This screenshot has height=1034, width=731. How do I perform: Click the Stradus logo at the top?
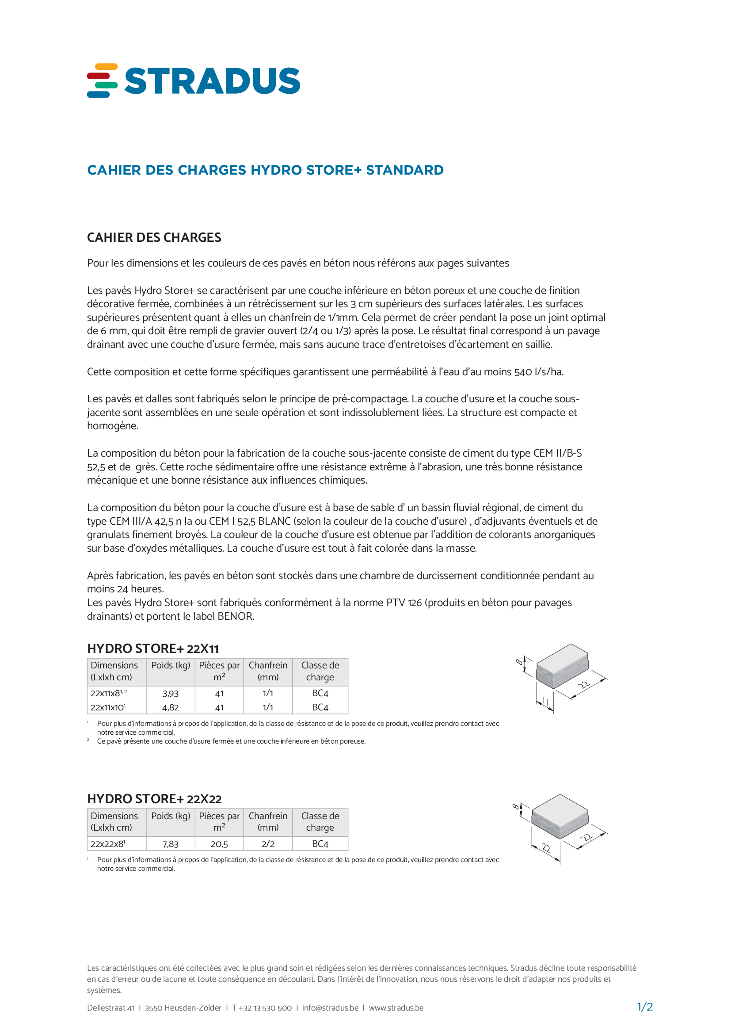coord(194,80)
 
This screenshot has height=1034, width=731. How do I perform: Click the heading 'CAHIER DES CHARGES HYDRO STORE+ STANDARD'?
coord(265,170)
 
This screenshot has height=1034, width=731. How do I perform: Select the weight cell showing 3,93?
coord(170,694)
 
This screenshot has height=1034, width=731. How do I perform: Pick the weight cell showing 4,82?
coord(170,707)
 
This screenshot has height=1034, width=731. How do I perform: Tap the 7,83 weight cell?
coord(170,844)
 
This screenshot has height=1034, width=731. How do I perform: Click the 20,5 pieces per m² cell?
coord(219,844)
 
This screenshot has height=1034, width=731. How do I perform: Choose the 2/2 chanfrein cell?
coord(268,844)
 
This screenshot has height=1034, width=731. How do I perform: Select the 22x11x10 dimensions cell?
coord(108,707)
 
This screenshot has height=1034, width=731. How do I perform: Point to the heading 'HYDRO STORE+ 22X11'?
coord(152,649)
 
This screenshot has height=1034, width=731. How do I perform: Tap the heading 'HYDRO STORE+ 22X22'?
coord(154,799)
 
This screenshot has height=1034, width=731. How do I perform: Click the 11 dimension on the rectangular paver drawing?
coord(544,702)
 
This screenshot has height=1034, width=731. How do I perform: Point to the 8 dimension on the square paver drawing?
coord(515,806)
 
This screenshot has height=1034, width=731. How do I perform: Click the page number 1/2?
coord(644,1007)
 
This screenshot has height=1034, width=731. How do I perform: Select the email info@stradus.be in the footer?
coord(330,1008)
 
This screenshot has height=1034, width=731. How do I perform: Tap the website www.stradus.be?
coord(396,1008)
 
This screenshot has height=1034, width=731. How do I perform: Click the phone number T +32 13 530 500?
coord(262,1008)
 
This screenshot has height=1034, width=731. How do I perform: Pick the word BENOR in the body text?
coord(236,616)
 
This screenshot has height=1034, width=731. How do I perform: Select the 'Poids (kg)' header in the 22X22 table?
coord(170,816)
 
